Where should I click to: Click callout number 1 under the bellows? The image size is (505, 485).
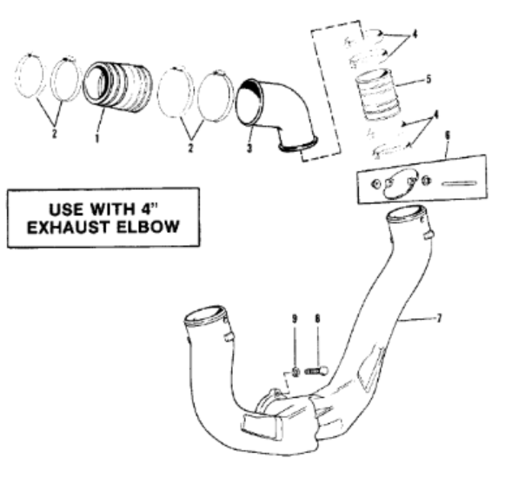point(97,138)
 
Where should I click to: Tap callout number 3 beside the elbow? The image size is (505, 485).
point(249,148)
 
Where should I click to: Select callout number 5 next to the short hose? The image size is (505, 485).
point(429,79)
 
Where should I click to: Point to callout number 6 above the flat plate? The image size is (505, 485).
point(447,136)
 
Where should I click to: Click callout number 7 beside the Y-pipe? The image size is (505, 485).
point(438,319)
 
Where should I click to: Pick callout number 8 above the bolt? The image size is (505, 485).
point(317,319)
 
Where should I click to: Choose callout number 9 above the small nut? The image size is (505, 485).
point(295,319)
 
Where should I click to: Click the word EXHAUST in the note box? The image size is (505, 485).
point(70,228)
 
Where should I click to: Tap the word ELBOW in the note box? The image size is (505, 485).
point(147,227)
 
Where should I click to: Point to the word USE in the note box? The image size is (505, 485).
point(66,209)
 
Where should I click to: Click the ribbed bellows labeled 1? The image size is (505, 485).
point(117,87)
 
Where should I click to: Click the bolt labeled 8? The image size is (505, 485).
point(316,371)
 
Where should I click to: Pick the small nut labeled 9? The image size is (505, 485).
point(296,373)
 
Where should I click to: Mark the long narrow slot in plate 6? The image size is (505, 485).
point(460,183)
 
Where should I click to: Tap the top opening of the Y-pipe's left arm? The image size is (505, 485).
point(205,314)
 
